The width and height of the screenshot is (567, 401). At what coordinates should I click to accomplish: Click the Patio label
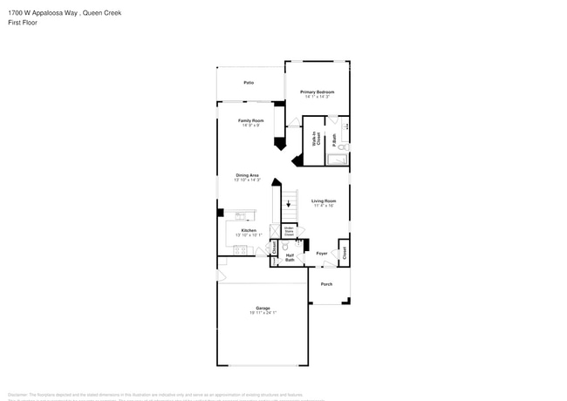pyautogui.click(x=249, y=82)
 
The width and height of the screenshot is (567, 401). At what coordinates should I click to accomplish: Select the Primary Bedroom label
pyautogui.click(x=318, y=92)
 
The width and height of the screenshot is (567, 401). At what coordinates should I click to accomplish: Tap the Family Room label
pyautogui.click(x=251, y=120)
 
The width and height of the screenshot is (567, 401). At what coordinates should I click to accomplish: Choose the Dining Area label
pyautogui.click(x=248, y=175)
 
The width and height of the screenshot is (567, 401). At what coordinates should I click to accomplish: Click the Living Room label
pyautogui.click(x=324, y=201)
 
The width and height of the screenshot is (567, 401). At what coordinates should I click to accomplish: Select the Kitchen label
pyautogui.click(x=249, y=230)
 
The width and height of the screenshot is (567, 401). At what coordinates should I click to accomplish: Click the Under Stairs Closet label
pyautogui.click(x=289, y=232)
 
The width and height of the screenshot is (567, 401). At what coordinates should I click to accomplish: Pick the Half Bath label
pyautogui.click(x=290, y=256)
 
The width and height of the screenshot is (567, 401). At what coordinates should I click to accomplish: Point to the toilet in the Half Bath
pyautogui.click(x=285, y=247)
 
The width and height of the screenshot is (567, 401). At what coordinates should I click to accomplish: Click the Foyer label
pyautogui.click(x=322, y=254)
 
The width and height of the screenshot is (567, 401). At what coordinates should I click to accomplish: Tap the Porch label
pyautogui.click(x=326, y=284)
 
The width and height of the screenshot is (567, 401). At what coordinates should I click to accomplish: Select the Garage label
pyautogui.click(x=263, y=308)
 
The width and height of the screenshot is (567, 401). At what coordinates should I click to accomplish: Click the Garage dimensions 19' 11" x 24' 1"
pyautogui.click(x=263, y=313)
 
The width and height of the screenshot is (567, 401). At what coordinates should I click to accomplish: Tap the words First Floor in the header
pyautogui.click(x=23, y=22)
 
